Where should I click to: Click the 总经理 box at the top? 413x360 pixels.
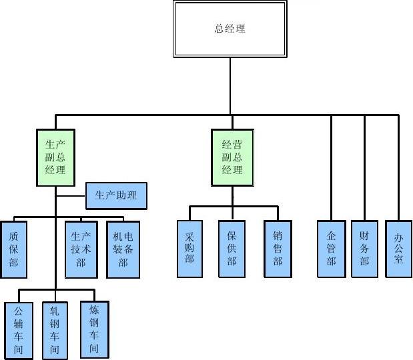230,29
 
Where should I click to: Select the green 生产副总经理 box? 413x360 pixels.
55,157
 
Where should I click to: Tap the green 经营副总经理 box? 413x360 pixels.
232,157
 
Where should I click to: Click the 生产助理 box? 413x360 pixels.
116,195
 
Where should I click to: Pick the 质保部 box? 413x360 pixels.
14,249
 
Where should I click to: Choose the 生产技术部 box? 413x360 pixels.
81,249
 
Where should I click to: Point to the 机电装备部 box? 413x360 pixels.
123,249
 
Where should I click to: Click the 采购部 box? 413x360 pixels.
189,249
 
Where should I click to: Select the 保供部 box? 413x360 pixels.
232,249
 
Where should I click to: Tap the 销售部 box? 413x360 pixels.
278,249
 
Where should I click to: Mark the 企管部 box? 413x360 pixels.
332,248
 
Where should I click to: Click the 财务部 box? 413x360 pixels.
364,248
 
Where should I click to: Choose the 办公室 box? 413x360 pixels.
398,248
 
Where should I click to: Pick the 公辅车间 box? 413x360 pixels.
19,331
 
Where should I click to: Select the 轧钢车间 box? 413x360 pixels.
55,331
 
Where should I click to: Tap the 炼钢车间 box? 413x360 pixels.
94,329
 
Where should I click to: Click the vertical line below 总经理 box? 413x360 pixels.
231,85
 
